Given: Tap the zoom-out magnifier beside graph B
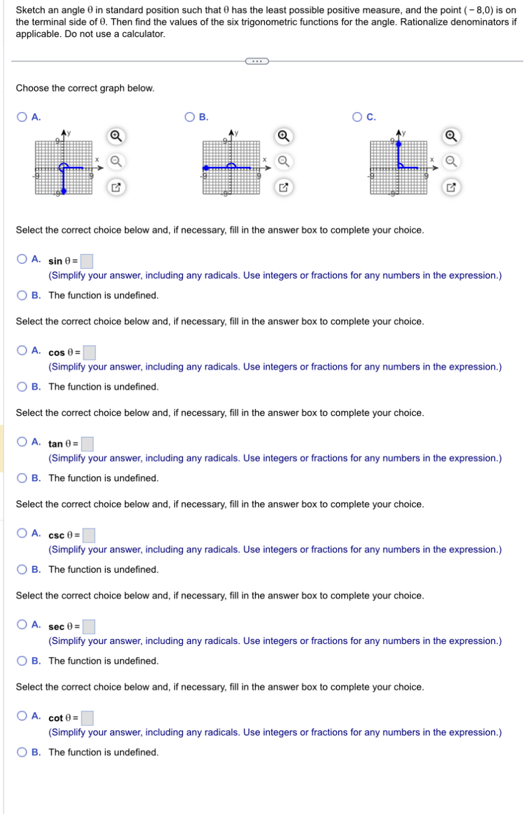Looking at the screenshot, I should click(283, 161).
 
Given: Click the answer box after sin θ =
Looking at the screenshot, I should click(88, 261).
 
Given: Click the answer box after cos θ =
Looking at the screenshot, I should click(90, 353).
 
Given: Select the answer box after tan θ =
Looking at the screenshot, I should click(88, 444).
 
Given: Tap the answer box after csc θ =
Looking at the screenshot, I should click(89, 535).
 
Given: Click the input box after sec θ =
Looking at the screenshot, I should click(89, 627).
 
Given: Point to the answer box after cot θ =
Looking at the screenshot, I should click(88, 718).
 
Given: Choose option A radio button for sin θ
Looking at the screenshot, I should click(22, 260).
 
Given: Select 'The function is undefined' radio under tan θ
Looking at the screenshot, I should click(22, 478).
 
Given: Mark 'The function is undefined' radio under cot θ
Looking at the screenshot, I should click(22, 752).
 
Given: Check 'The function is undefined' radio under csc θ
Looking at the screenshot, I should click(22, 569).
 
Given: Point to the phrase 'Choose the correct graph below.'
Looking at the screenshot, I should click(85, 88).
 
